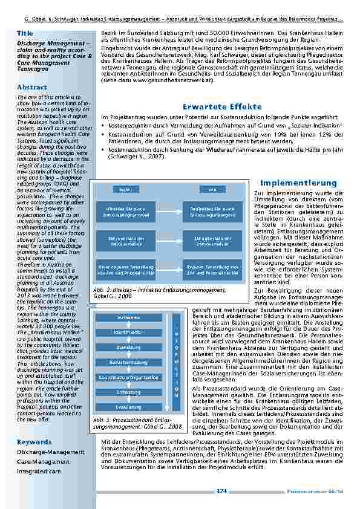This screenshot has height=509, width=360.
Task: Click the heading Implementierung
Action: (298, 183)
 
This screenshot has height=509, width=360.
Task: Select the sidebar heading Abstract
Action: (32, 87)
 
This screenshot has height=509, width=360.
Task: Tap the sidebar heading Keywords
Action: (34, 442)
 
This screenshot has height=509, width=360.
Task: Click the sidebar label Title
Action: (25, 32)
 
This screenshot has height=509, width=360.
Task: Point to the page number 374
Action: (221, 491)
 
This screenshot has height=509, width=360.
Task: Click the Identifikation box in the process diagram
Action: (128, 332)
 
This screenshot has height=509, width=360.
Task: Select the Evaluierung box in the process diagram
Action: (128, 407)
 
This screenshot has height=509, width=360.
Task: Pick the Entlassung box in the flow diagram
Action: (128, 392)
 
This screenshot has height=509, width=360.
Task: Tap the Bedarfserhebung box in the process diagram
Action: (128, 362)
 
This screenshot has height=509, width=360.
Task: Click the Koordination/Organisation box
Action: (128, 377)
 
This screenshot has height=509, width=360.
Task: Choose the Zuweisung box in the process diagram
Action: (128, 348)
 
